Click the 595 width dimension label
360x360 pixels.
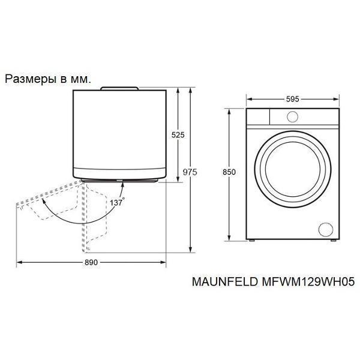tap(293, 99)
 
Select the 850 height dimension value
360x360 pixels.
tap(229, 172)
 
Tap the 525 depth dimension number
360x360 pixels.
tap(178, 135)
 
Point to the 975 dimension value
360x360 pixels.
tap(190, 172)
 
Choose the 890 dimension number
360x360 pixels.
tap(91, 262)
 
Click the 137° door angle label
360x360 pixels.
tap(118, 202)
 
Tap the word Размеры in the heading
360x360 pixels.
tap(31, 79)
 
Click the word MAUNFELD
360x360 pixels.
tap(225, 281)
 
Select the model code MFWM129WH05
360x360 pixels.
tap(308, 281)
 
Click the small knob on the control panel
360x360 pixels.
tap(293, 116)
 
